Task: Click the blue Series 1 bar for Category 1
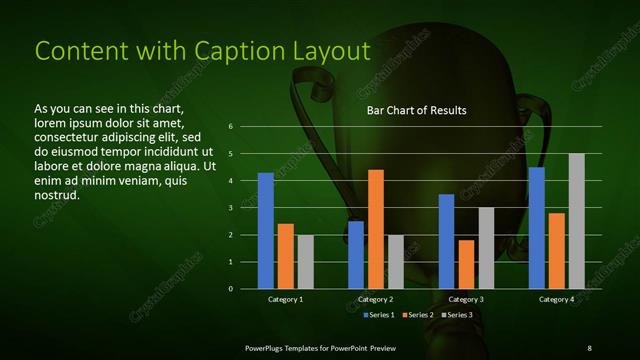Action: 266,231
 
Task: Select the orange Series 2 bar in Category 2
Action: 376,229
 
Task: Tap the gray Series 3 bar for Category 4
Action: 576,221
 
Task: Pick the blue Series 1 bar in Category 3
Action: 446,241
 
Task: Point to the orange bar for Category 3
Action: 466,264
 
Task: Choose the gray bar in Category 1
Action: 305,262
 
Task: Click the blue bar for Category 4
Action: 537,228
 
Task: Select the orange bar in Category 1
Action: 285,256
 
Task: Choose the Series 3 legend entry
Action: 457,315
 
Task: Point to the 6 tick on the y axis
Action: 231,127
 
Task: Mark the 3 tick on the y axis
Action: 231,208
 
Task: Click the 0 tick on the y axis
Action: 231,289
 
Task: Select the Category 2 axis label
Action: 376,299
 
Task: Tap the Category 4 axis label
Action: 557,299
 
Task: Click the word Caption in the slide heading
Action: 208,51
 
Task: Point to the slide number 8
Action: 589,347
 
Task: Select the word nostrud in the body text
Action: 56,194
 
